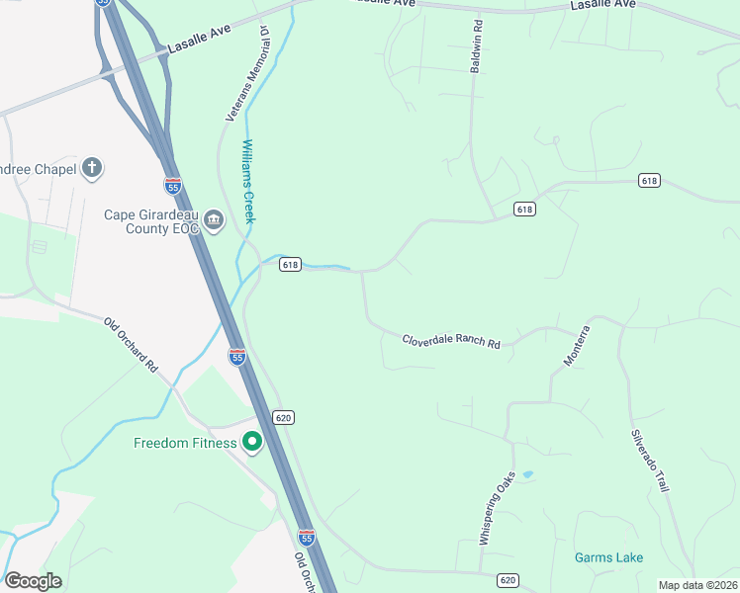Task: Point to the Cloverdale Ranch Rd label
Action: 451,341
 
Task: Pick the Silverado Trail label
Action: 651,461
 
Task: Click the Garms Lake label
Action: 608,557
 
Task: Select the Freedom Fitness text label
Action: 186,443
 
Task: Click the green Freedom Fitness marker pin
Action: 252,443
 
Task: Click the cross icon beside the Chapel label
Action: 92,168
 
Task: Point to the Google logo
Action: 33,580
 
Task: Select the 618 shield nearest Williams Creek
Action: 290,265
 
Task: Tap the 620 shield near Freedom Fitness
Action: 284,418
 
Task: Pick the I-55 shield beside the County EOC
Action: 173,186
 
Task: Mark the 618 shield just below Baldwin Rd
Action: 524,210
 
